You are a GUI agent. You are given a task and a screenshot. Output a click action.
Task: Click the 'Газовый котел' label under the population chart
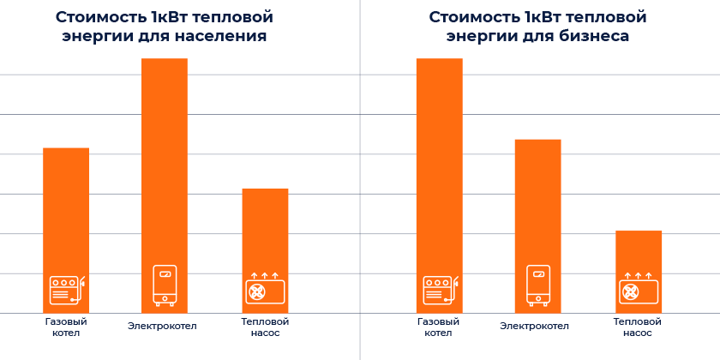pos(66,327)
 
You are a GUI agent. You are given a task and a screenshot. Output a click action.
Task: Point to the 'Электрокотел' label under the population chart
pos(163,326)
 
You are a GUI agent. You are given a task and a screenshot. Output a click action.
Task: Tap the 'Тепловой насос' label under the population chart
pos(265,327)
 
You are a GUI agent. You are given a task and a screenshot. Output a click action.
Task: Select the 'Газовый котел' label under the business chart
pos(439,327)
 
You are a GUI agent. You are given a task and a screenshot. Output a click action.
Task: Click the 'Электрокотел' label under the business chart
pos(535,326)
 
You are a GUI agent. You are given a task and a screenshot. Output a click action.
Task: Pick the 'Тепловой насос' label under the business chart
pos(638,327)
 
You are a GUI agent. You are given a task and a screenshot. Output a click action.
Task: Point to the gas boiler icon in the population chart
pos(67,291)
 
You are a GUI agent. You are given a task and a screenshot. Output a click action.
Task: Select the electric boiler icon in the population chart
pos(165,285)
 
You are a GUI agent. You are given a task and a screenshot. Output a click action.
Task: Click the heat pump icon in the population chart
pos(265,290)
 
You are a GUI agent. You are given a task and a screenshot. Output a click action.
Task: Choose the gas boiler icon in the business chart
pos(440,291)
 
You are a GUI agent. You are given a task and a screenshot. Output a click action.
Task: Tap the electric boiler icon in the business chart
pos(538,285)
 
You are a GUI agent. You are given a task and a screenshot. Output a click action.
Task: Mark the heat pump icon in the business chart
pos(638,290)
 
